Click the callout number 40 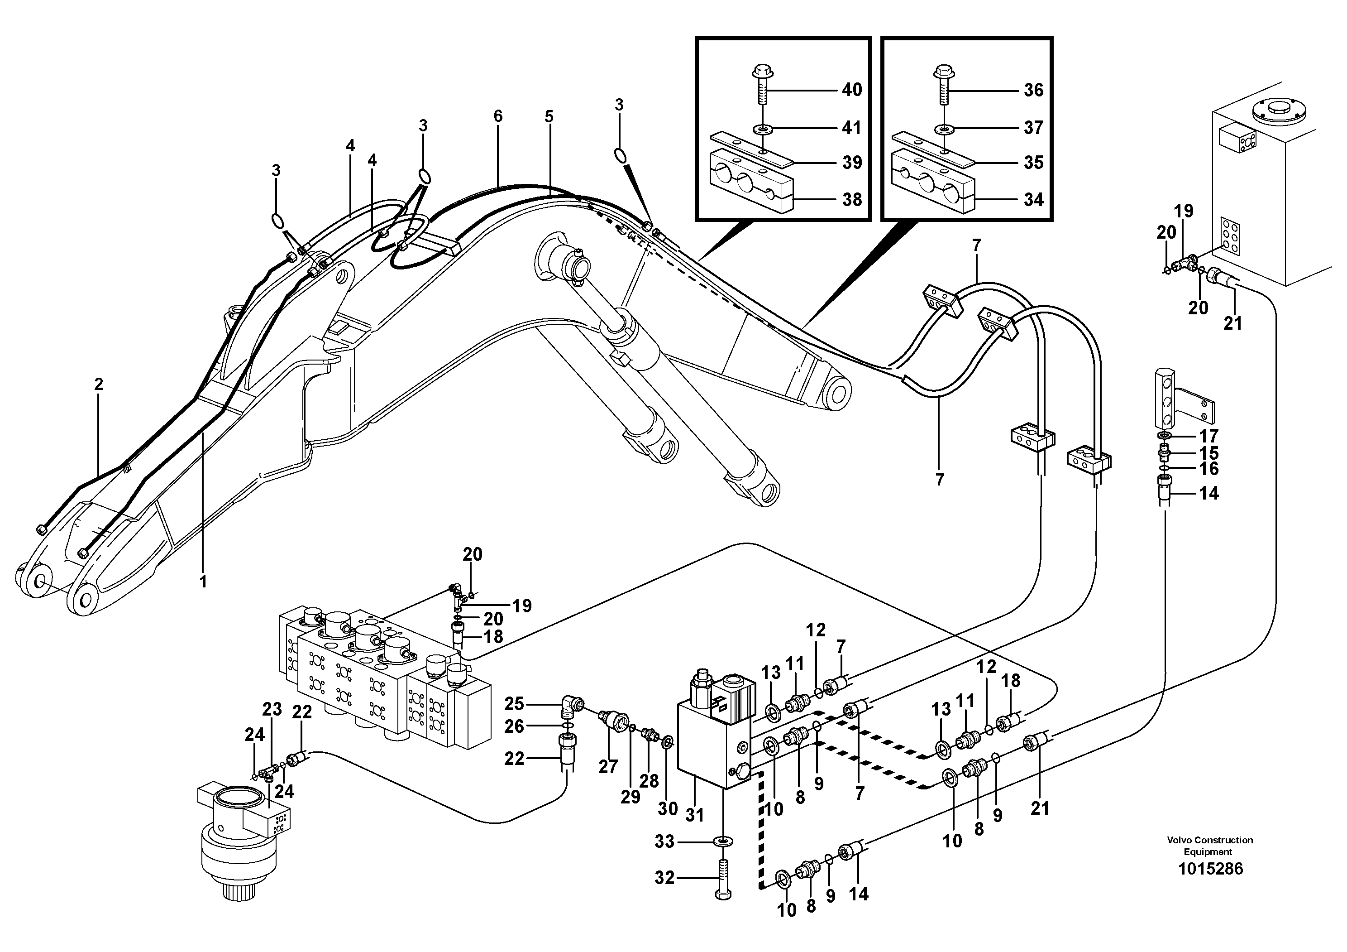click(x=851, y=90)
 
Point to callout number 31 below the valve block click(x=695, y=815)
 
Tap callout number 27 click(x=608, y=766)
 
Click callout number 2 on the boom click(x=99, y=385)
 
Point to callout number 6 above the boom click(x=497, y=116)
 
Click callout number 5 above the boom click(x=549, y=116)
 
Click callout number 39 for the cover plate click(x=851, y=163)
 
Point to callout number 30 click(x=668, y=809)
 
